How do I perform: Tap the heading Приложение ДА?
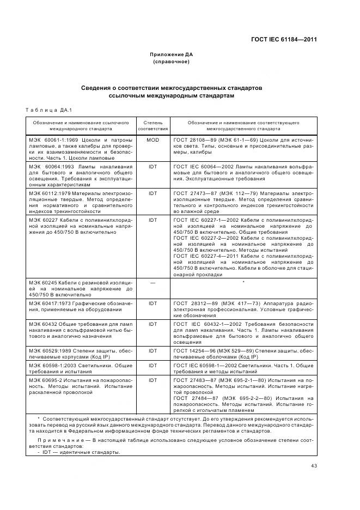tap(172, 54)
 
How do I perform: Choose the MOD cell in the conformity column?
tap(152, 140)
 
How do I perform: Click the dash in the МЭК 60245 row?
tap(152, 282)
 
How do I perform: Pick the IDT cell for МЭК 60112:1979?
tap(152, 193)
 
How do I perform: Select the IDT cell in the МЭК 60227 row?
tap(152, 220)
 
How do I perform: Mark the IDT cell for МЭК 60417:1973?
tap(152, 302)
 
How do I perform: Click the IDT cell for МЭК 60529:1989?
tap(152, 349)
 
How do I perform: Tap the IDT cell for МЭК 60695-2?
tap(152, 379)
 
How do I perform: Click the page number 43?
tap(314, 465)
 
